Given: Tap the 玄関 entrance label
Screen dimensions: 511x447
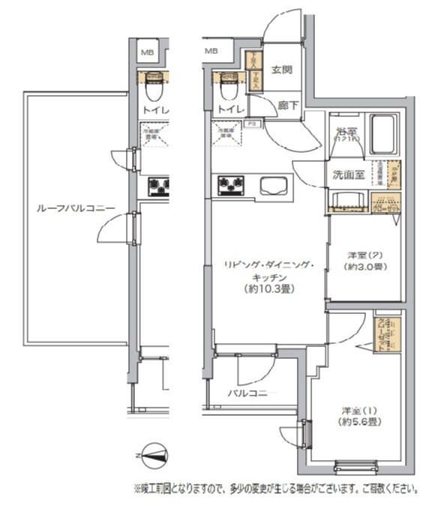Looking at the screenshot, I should click(281, 70).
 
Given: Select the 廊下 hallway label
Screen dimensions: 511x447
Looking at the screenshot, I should click(287, 106).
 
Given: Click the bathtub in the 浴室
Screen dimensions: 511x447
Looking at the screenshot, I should click(384, 133).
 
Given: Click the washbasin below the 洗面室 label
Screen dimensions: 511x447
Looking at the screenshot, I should click(348, 199).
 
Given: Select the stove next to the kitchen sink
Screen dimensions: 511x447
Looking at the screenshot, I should click(231, 185).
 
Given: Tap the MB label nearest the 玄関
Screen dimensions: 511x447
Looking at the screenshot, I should click(211, 51).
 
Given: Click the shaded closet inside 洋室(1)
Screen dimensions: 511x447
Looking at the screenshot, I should click(387, 334).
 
